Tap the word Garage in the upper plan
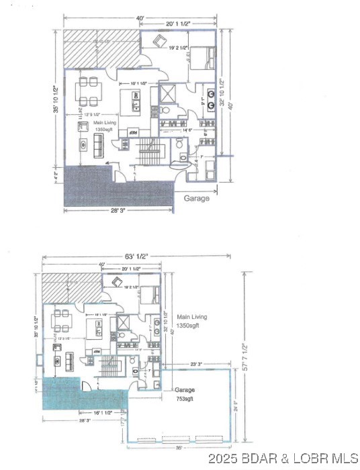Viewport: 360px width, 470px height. (196, 198)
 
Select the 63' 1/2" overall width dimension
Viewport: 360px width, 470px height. (135, 256)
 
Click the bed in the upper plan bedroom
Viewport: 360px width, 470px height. (202, 56)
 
